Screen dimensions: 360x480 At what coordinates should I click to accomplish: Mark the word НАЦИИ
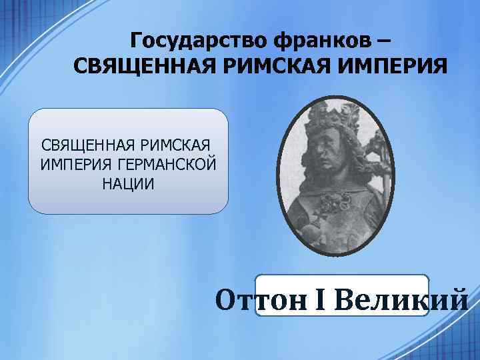[128, 183]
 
